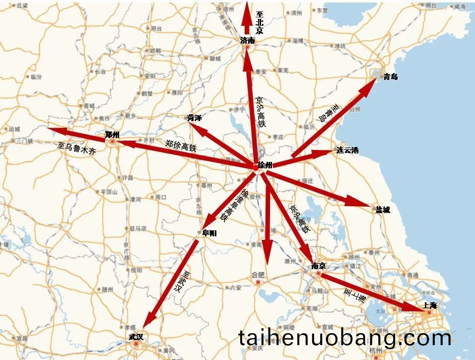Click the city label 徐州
pyautogui.click(x=266, y=165)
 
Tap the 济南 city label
pyautogui.click(x=247, y=41)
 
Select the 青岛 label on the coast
pyautogui.click(x=391, y=77)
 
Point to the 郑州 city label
pyautogui.click(x=113, y=135)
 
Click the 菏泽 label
pyautogui.click(x=195, y=118)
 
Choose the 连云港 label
pyautogui.click(x=347, y=150)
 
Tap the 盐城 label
pyautogui.click(x=383, y=210)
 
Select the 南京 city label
pyautogui.click(x=318, y=266)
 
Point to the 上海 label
pyautogui.click(x=429, y=306)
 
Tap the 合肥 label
pyautogui.click(x=259, y=275)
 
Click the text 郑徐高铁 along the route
pyautogui.click(x=181, y=145)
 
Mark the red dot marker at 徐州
pyautogui.click(x=256, y=167)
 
